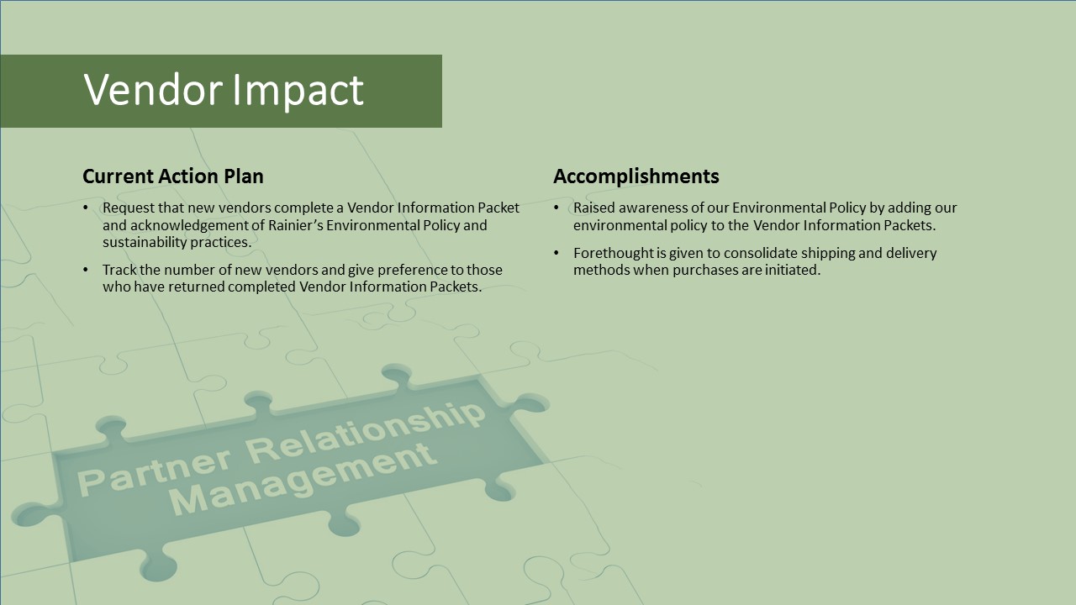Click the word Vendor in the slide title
(x=153, y=89)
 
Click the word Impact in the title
(x=298, y=92)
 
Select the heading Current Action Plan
(x=173, y=176)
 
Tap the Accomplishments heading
(x=636, y=176)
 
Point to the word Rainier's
(x=295, y=224)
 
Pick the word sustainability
(x=145, y=243)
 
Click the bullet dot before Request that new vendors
(x=86, y=208)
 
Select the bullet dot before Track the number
(x=86, y=270)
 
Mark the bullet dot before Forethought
(x=556, y=253)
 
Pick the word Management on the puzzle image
(x=303, y=479)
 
